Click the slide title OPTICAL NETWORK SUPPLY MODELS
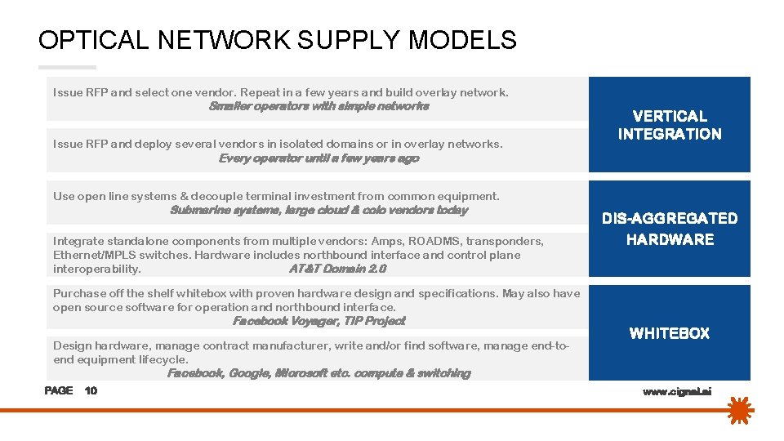(277, 40)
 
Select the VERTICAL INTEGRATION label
(670, 125)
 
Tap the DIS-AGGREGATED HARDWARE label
(670, 229)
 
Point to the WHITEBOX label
(670, 333)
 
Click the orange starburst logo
(740, 412)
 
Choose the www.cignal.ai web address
(677, 392)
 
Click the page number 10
(91, 390)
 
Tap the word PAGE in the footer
(59, 390)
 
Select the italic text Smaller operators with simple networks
(318, 106)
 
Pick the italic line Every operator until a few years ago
(318, 158)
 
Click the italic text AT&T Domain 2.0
(337, 269)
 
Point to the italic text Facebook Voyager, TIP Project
(318, 321)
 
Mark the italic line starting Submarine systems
(318, 210)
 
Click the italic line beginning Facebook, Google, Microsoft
(318, 373)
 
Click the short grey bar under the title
(67, 67)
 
